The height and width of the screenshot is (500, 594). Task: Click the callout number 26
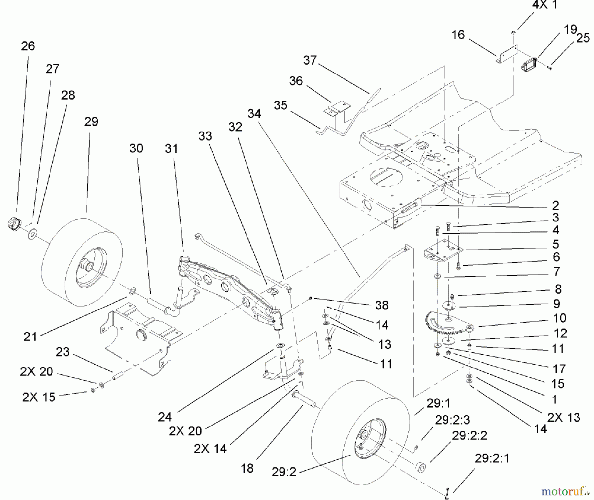pos(28,46)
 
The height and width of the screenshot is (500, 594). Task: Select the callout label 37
pos(310,60)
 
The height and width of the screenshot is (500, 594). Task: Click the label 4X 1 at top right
pos(544,5)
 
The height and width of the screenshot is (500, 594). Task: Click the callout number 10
pos(560,318)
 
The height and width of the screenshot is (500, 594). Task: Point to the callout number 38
pos(381,305)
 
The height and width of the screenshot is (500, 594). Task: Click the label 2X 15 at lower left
pos(39,397)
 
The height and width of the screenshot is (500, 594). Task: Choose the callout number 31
pos(171,149)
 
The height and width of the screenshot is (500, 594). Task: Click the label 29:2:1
pos(492,458)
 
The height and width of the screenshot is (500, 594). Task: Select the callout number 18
pos(247,468)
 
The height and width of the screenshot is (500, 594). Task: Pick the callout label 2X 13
pos(563,417)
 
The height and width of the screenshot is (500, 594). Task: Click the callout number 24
pos(165,417)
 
